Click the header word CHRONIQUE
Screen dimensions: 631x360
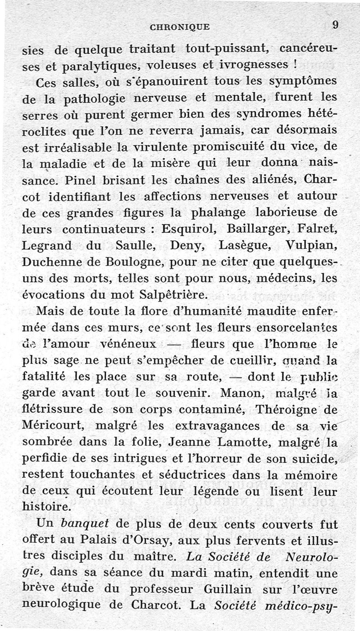tap(180, 27)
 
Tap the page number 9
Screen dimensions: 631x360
tap(335, 25)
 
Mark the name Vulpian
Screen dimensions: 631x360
tap(311, 246)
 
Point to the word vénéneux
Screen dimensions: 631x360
tap(133, 344)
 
